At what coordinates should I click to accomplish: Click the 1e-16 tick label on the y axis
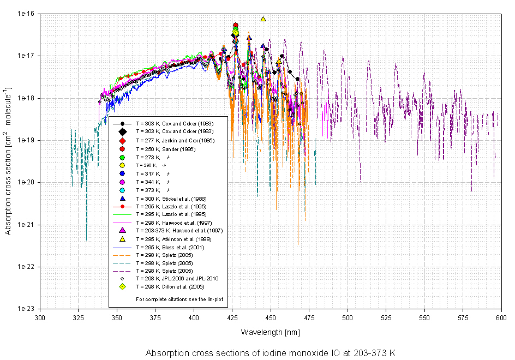26,14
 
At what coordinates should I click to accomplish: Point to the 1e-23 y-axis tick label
26,309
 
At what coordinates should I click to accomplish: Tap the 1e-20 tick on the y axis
26,182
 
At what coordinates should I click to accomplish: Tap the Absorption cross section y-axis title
9,161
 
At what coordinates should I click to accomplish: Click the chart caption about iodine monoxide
270,353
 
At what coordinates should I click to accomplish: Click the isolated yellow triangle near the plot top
263,19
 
